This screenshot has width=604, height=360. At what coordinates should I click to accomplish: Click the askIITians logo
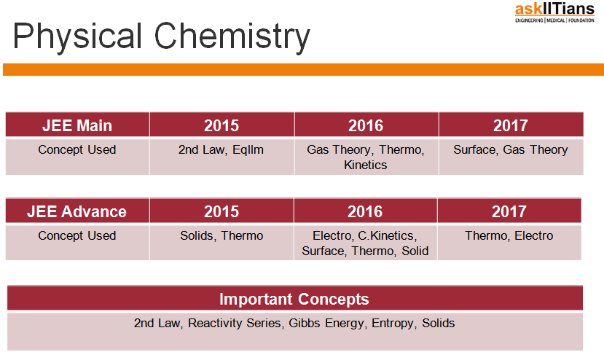[554, 12]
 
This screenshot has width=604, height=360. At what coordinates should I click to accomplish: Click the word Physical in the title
[77, 36]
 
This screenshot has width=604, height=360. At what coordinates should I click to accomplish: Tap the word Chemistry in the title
[232, 36]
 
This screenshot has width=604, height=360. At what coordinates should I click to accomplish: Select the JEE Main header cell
[77, 125]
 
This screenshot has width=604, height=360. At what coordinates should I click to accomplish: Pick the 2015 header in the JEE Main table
[221, 125]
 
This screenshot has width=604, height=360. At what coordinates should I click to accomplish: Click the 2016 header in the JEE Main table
[366, 125]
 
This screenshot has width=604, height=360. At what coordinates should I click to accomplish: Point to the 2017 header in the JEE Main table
[511, 125]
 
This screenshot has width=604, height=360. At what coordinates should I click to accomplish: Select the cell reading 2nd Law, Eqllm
[221, 157]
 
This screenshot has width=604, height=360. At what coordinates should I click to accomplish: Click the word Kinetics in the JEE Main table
[366, 165]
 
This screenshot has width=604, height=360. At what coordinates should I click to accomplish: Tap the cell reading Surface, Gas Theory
[511, 157]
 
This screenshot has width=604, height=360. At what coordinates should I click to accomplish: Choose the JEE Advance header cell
[77, 211]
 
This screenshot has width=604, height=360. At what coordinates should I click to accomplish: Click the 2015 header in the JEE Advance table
[221, 211]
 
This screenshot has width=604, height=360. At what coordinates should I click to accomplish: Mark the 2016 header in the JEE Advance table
[365, 211]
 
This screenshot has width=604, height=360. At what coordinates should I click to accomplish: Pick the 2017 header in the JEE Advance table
[509, 211]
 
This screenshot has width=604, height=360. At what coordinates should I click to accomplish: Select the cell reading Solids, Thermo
[221, 243]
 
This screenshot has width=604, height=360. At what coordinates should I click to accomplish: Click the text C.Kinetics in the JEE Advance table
[387, 235]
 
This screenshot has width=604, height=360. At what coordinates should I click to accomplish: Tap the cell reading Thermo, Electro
[509, 243]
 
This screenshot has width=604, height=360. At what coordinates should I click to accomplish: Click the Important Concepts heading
[294, 299]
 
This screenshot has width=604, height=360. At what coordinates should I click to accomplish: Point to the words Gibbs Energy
[326, 323]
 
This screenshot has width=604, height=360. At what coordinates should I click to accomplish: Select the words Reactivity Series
[236, 323]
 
